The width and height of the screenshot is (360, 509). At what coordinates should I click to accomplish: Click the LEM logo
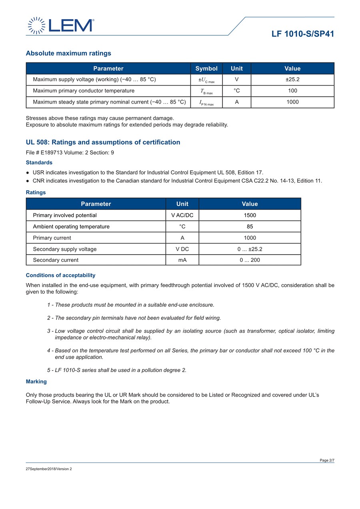pyautogui.click(x=61, y=26)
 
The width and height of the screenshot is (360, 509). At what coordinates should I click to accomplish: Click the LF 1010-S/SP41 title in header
pyautogui.click(x=302, y=34)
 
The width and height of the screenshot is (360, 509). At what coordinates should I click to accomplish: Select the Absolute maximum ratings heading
pyautogui.click(x=68, y=53)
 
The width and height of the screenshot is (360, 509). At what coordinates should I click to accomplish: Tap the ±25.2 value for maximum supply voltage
pyautogui.click(x=292, y=80)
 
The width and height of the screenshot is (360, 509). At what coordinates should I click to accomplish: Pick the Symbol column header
pyautogui.click(x=206, y=68)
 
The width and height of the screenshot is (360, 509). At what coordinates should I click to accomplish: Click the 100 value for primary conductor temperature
pyautogui.click(x=292, y=91)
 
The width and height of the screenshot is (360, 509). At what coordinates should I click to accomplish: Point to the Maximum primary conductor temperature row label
pyautogui.click(x=84, y=91)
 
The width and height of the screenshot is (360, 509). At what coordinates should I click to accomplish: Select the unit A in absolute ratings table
pyautogui.click(x=237, y=102)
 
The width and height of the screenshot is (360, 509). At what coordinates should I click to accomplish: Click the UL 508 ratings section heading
pyautogui.click(x=103, y=142)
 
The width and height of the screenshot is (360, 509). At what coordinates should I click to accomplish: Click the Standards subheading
pyautogui.click(x=39, y=163)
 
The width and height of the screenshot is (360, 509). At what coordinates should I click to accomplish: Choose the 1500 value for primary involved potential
pyautogui.click(x=250, y=215)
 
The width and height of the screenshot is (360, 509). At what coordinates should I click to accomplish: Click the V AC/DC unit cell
pyautogui.click(x=182, y=215)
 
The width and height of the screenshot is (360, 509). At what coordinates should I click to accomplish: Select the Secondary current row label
pyautogui.click(x=56, y=260)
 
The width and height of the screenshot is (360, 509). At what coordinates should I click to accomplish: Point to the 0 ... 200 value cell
pyautogui.click(x=250, y=260)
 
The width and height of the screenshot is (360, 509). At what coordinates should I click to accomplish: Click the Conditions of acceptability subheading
pyautogui.click(x=60, y=275)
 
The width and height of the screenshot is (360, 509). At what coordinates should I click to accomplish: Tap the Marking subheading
pyautogui.click(x=36, y=381)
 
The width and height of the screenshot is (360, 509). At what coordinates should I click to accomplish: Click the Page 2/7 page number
pyautogui.click(x=327, y=460)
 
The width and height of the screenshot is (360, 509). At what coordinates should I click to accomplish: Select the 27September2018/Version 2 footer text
pyautogui.click(x=49, y=469)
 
